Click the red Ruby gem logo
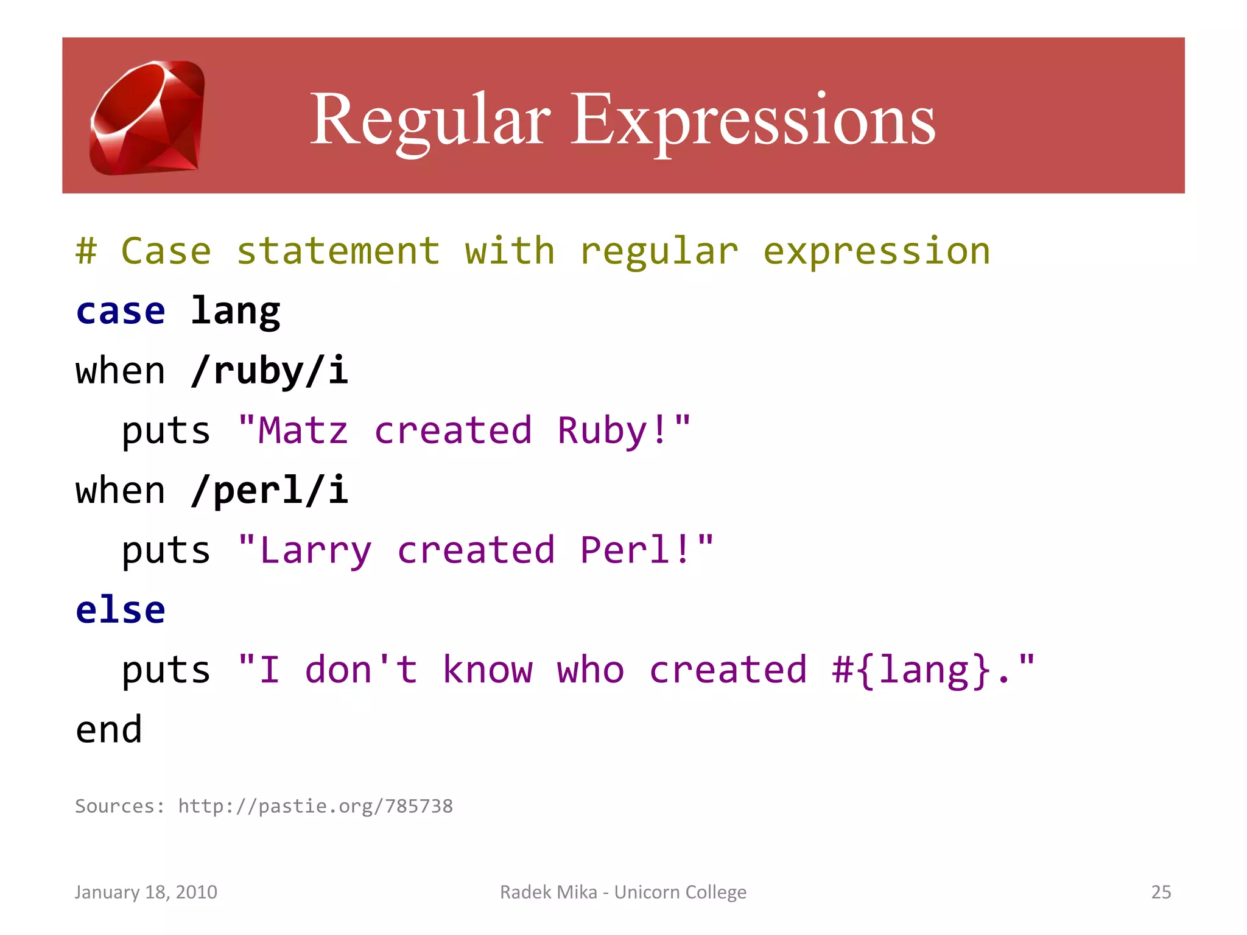click(147, 117)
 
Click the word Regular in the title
click(430, 120)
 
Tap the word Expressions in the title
click(752, 120)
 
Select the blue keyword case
click(121, 312)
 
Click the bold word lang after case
click(235, 312)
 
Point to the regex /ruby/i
click(269, 371)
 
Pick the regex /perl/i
click(269, 491)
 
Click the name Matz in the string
click(303, 431)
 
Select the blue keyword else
click(121, 610)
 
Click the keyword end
click(109, 729)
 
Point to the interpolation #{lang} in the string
click(912, 670)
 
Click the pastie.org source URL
click(315, 806)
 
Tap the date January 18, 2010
click(146, 892)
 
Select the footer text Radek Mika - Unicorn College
click(623, 892)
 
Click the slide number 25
click(1161, 892)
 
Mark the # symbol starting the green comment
click(86, 251)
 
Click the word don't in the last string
click(361, 670)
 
